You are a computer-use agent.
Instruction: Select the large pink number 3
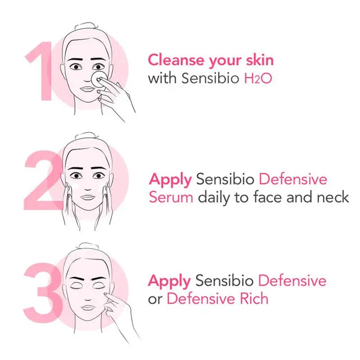[43, 292]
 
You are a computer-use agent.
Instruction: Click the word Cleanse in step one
[176, 60]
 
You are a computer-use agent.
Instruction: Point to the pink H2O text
[258, 78]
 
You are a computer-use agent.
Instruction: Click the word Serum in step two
[171, 197]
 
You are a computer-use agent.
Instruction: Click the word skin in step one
[260, 60]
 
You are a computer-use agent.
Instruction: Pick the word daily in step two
[214, 198]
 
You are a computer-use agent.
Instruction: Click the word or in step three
[155, 300]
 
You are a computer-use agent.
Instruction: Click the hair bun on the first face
[86, 26]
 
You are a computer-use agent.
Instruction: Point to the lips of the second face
[88, 197]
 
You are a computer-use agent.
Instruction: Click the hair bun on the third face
[88, 246]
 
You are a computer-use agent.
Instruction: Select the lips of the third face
[88, 308]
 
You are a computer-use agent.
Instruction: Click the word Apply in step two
[170, 180]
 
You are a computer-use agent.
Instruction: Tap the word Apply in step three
[169, 282]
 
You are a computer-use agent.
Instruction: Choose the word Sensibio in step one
[210, 78]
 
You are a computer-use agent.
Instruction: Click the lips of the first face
[88, 89]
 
